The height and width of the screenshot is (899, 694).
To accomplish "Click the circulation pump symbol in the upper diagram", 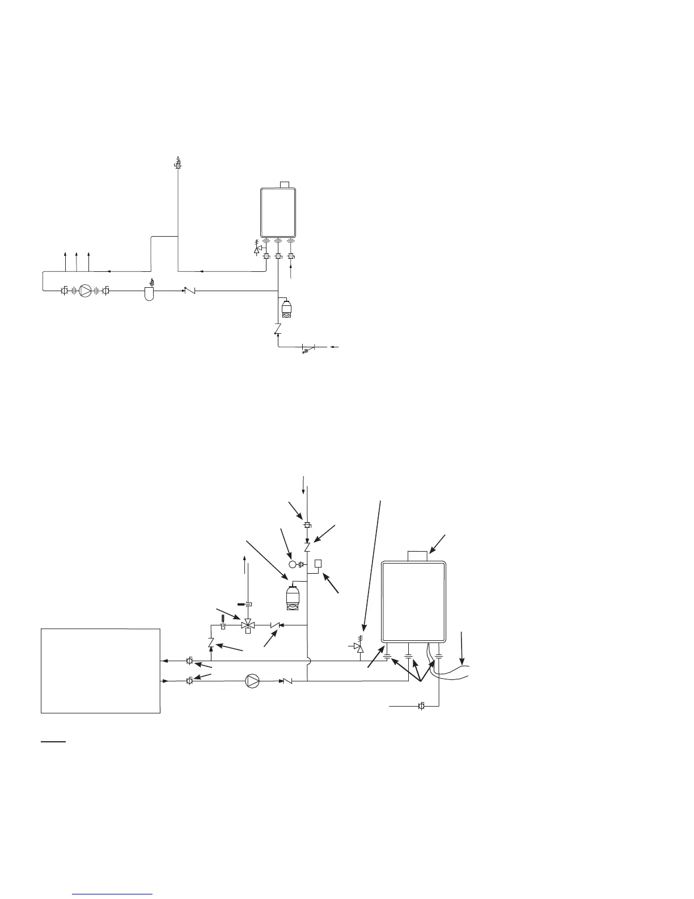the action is point(85,291).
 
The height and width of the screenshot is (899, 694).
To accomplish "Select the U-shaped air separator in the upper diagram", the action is point(150,293).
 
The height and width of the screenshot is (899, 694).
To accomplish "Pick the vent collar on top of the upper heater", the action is point(286,184).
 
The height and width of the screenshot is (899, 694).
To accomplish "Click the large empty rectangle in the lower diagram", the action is point(101,670).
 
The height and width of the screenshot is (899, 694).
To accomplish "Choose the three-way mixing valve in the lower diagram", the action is point(247,625).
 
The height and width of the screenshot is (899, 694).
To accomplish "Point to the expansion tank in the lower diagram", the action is point(294,598).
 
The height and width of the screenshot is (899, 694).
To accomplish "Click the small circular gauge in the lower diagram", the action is point(293,565).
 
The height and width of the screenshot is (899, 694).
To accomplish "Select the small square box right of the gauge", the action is point(318,564).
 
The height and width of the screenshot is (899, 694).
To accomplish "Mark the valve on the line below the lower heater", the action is point(421,706).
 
